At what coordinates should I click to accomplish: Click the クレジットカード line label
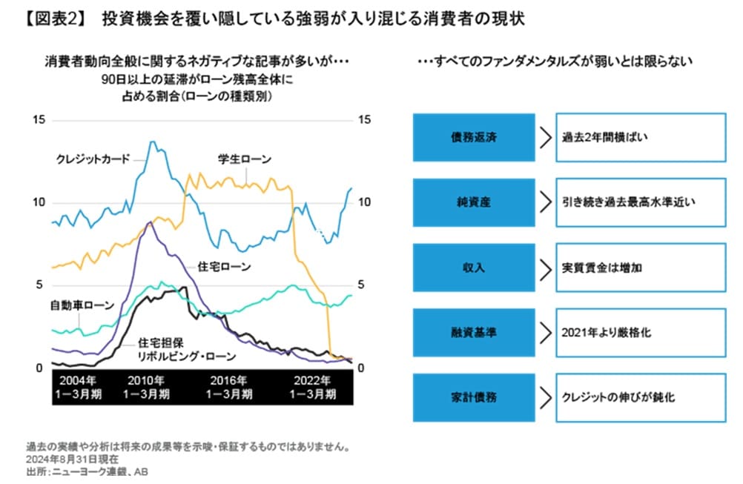[x=93, y=159]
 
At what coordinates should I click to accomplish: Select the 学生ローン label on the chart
[x=244, y=159]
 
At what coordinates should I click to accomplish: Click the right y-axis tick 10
[x=364, y=202]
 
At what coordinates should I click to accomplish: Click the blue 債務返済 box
[x=473, y=138]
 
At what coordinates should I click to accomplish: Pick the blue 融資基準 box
[x=473, y=332]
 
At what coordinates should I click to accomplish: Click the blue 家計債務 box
[x=473, y=397]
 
